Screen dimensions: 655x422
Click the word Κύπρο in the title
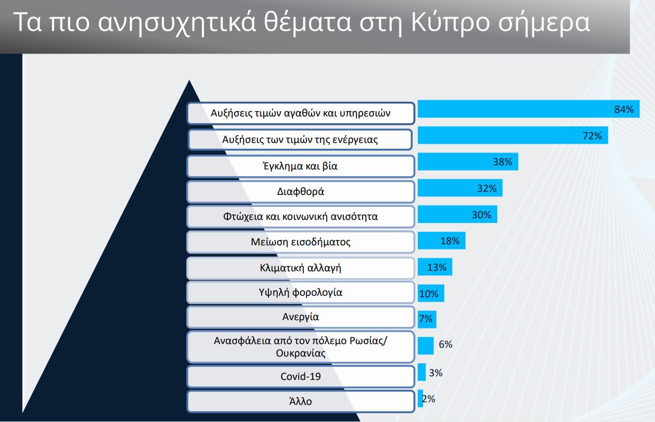tap(451, 23)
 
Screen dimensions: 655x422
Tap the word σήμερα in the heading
tap(544, 23)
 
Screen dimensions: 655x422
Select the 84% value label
tap(624, 109)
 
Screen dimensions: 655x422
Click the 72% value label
tap(592, 136)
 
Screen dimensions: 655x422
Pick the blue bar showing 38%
tap(468, 162)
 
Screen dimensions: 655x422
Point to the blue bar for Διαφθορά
tap(460, 188)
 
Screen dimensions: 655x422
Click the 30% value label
tap(481, 215)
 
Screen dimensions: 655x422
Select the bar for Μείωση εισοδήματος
tap(442, 241)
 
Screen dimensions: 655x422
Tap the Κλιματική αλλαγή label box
tap(301, 268)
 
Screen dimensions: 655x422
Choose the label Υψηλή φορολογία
tap(301, 292)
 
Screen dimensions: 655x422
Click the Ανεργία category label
tap(301, 317)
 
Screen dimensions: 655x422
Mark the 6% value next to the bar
tap(445, 345)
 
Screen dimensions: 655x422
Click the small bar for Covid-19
tap(421, 372)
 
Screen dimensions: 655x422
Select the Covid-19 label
tap(301, 376)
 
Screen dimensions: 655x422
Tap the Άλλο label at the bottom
tap(301, 401)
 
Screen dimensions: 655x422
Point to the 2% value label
tap(429, 399)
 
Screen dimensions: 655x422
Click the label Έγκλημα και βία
tap(301, 166)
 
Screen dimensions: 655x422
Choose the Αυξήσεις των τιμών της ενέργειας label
tap(300, 140)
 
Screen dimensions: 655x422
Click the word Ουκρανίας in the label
tap(301, 353)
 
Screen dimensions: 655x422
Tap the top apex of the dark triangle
tap(189, 80)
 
